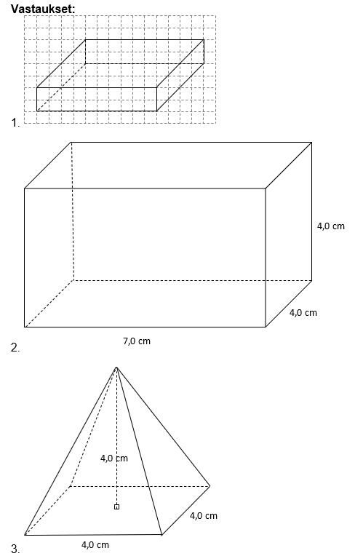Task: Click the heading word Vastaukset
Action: point(43,9)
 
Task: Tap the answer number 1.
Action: point(15,123)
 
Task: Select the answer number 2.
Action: point(15,348)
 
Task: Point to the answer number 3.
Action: point(15,549)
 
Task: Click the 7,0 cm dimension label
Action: point(137,341)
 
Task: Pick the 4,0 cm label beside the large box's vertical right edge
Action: point(331,226)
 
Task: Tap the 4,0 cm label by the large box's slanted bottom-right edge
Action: point(303,313)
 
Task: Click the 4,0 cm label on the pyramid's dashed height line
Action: point(113,458)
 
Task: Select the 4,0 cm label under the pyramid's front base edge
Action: point(95,544)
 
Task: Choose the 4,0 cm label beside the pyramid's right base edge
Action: point(204,515)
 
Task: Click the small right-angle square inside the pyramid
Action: point(116,507)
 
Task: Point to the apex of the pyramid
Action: point(116,367)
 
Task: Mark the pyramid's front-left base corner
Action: point(25,535)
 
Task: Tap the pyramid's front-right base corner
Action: point(161,534)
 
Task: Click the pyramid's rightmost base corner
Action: point(210,486)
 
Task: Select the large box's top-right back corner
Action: point(311,143)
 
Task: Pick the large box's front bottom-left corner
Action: point(25,327)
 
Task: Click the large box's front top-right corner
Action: point(266,188)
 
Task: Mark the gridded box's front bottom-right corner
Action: point(156,111)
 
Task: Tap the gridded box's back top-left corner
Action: point(85,40)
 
